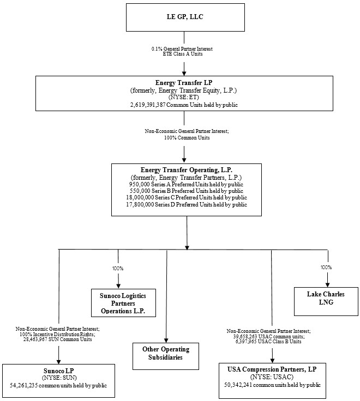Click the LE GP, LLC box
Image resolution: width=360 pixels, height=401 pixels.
pos(184,17)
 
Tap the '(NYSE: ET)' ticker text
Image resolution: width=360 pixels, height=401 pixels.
pos(184,96)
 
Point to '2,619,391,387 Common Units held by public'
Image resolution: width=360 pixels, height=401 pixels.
pos(184,104)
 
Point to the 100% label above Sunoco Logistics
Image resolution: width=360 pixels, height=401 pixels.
pos(118,269)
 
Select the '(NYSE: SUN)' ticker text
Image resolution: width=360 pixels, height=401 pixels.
pos(58,378)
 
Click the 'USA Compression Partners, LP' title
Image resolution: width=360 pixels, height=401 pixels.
pos(272,369)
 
